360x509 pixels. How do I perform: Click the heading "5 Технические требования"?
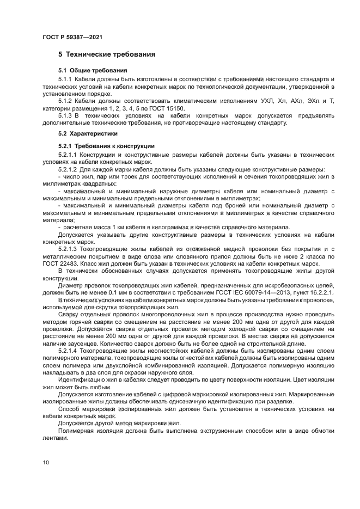pos(107,54)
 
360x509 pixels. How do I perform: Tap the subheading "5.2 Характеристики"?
pos(89,133)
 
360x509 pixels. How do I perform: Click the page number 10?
pos(45,462)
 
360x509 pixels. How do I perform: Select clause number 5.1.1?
pos(65,79)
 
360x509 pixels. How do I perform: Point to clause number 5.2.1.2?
pos(68,170)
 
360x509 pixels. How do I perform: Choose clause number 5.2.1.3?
pos(68,249)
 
